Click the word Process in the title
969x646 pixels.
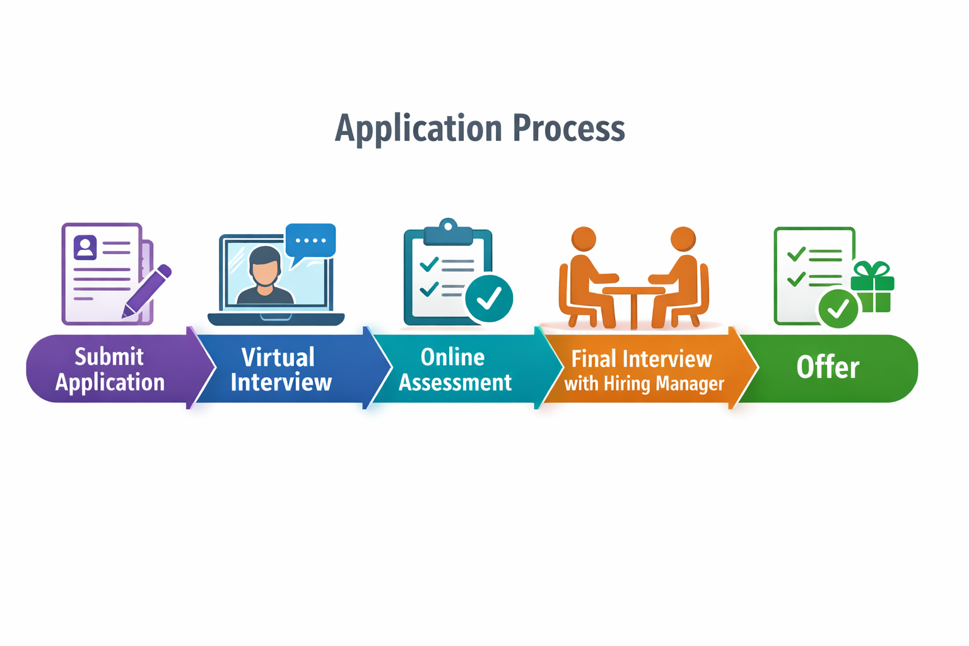click(x=568, y=128)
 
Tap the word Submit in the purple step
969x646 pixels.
click(x=109, y=356)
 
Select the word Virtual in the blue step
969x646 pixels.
click(x=278, y=358)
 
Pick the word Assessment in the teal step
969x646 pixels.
click(x=455, y=382)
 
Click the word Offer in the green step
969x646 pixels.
click(x=828, y=367)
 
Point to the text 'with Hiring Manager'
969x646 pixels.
click(x=643, y=384)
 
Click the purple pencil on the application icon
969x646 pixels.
click(x=148, y=290)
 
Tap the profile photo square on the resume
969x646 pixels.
click(x=85, y=247)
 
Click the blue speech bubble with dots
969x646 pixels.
click(x=310, y=240)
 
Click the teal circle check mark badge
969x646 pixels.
click(x=489, y=298)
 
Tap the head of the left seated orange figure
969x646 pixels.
click(x=584, y=239)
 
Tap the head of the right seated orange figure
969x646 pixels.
click(x=683, y=239)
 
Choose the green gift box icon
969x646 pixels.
click(x=872, y=289)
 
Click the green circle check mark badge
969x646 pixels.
click(x=838, y=309)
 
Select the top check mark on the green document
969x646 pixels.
click(x=796, y=254)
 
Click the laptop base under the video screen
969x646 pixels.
click(x=276, y=319)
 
